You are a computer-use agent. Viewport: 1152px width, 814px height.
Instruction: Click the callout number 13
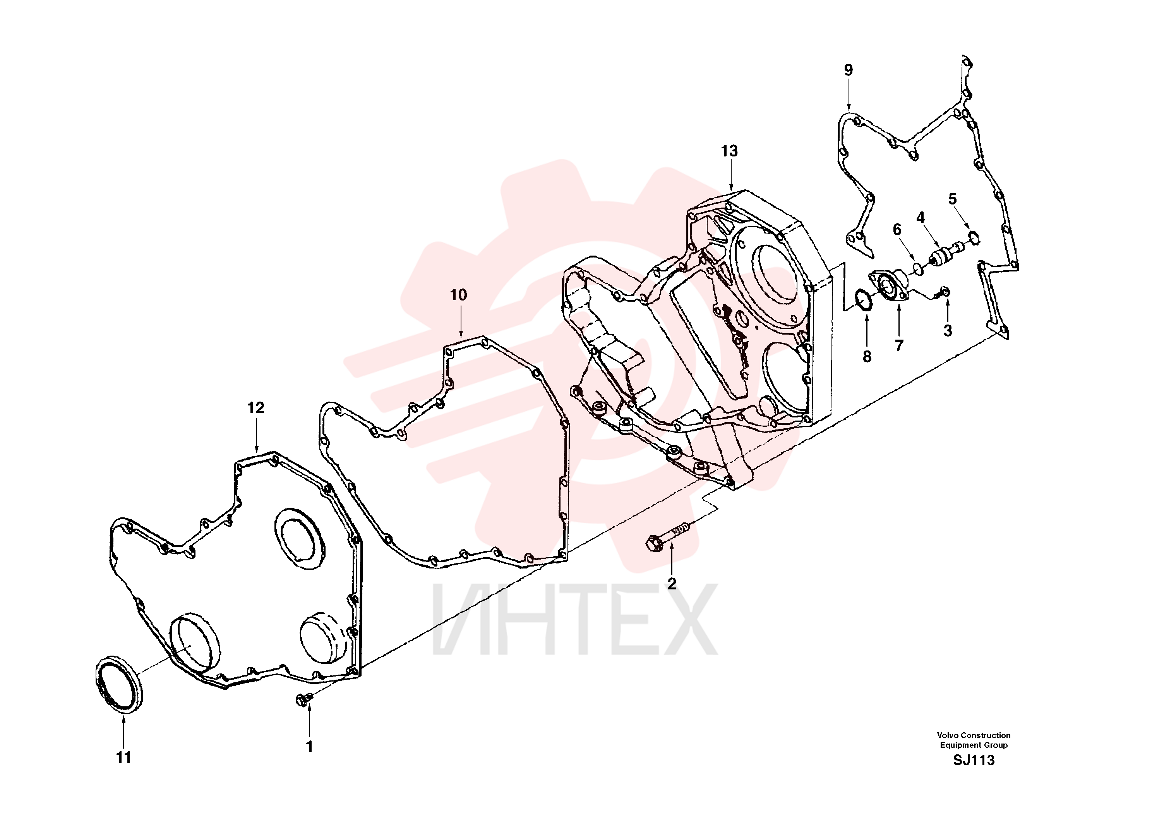pyautogui.click(x=730, y=151)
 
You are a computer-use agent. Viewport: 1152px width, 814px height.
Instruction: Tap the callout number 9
pyautogui.click(x=849, y=70)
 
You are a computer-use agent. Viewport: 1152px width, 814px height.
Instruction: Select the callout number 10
pyautogui.click(x=459, y=295)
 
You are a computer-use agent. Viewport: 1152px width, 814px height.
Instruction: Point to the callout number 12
pyautogui.click(x=256, y=408)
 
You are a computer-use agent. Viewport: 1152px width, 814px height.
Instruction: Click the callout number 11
pyautogui.click(x=123, y=758)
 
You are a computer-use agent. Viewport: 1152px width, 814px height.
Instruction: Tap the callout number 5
pyautogui.click(x=952, y=199)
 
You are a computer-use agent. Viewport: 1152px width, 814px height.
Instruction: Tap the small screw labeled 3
pyautogui.click(x=942, y=293)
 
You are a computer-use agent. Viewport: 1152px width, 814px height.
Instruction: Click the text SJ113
pyautogui.click(x=974, y=760)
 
